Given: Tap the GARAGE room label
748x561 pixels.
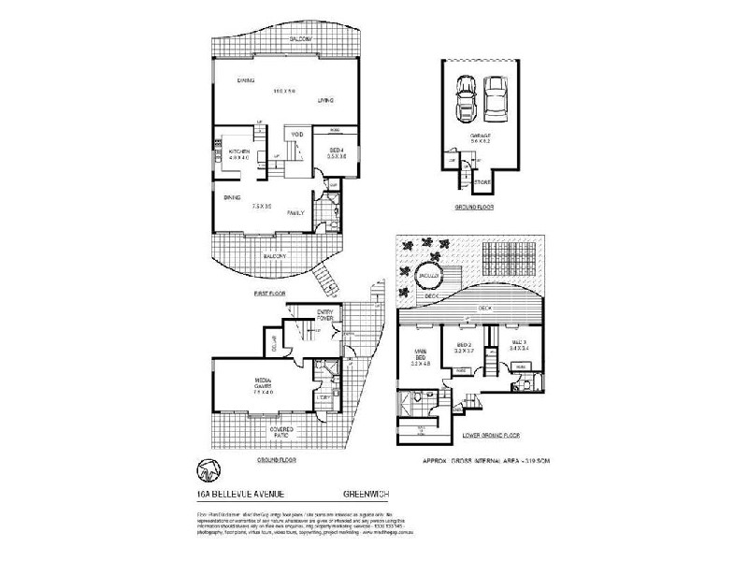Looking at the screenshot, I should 481,136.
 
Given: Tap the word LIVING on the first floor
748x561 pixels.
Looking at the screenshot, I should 325,100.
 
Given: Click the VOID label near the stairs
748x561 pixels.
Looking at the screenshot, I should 296,135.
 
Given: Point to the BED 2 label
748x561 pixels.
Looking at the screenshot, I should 465,344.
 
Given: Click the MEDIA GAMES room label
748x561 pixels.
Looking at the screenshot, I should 263,382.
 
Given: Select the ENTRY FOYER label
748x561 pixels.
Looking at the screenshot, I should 325,315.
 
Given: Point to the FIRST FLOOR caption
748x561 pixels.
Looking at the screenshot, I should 269,294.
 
